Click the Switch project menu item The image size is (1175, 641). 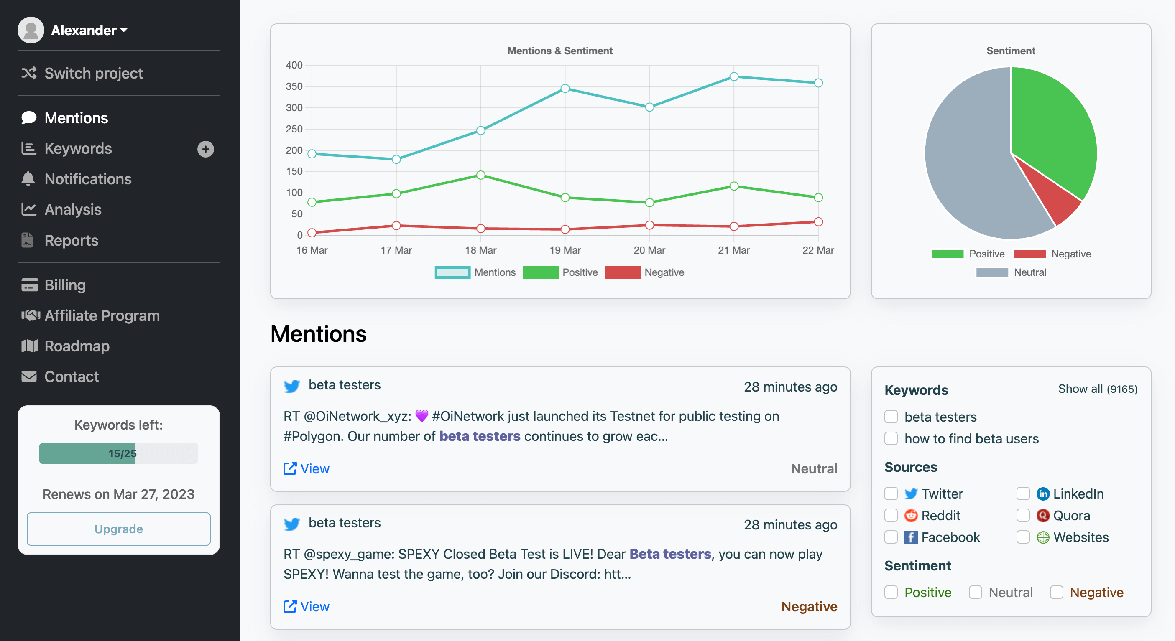click(x=94, y=74)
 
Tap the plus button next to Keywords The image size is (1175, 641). click(x=205, y=149)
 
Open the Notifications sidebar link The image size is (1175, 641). click(x=87, y=179)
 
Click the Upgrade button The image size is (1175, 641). click(x=119, y=529)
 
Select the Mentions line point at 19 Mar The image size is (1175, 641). click(x=565, y=89)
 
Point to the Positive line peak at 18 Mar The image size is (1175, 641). click(x=480, y=175)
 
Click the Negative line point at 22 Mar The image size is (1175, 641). click(x=818, y=222)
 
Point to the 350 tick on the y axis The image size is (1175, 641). click(x=294, y=86)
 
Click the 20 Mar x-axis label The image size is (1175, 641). click(x=649, y=250)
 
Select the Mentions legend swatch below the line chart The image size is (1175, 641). click(x=452, y=272)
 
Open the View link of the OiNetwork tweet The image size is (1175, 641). click(x=307, y=469)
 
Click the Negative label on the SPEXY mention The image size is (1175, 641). click(x=809, y=606)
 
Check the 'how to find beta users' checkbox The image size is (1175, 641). click(x=891, y=439)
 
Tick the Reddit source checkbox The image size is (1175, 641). click(x=891, y=516)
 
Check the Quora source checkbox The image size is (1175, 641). click(x=1023, y=516)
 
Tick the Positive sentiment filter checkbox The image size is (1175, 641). click(x=891, y=592)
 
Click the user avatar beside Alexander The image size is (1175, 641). click(x=31, y=30)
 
